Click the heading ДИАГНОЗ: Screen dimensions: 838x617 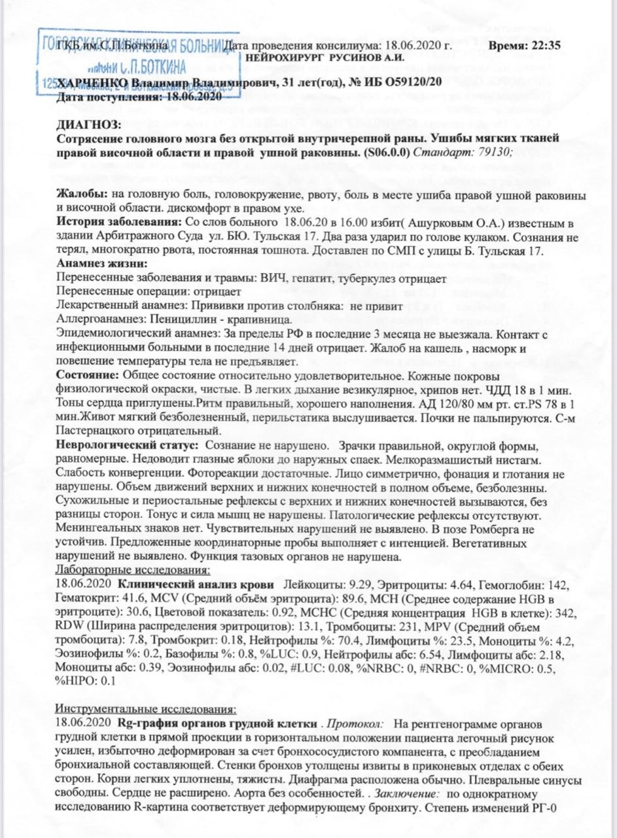pos(89,124)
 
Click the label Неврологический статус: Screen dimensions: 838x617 pos(128,445)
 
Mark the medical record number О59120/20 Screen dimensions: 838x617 pos(406,83)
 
